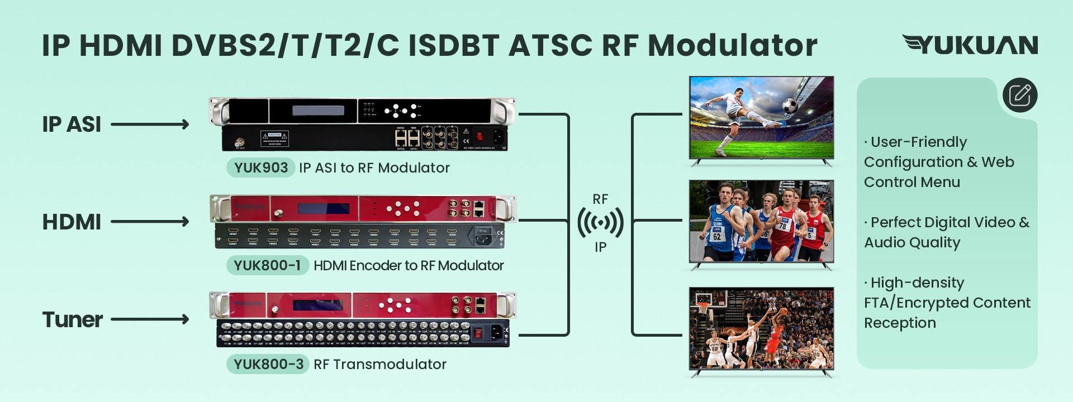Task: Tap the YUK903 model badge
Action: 261,167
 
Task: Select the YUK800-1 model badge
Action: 267,265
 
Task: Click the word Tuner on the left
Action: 73,320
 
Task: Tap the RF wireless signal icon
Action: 600,223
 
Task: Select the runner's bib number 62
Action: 716,236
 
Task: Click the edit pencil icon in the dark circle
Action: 1020,95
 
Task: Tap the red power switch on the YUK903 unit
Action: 479,136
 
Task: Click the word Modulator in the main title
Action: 732,45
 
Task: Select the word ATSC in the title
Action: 550,45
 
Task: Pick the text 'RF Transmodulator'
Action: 380,364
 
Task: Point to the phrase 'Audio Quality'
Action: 912,242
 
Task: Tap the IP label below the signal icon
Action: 600,247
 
